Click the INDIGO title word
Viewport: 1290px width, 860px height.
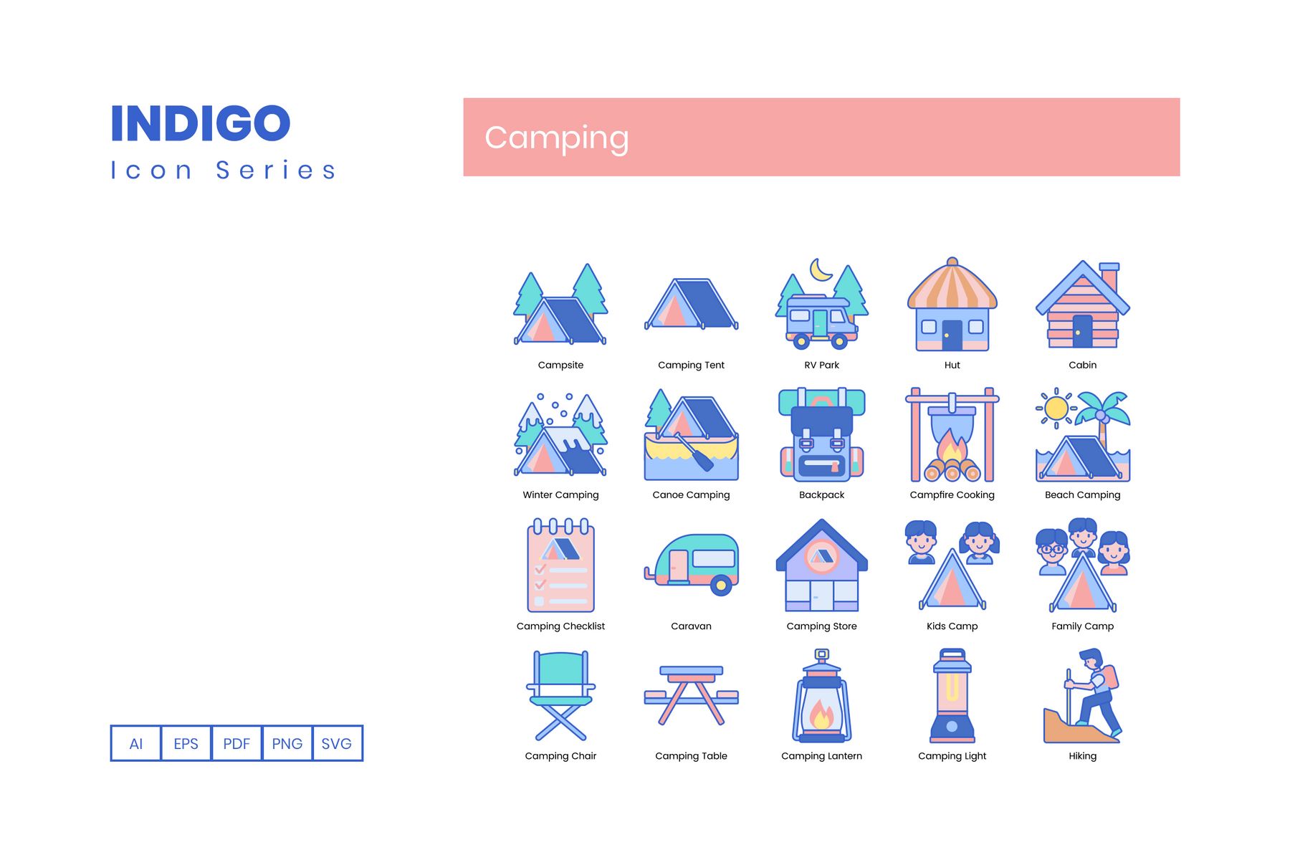click(201, 123)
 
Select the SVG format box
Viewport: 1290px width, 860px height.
click(337, 743)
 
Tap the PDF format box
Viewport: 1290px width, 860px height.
click(236, 743)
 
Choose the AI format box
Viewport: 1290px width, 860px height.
click(136, 743)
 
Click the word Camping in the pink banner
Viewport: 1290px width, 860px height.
click(557, 138)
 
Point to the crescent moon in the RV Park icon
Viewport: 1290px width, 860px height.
click(821, 270)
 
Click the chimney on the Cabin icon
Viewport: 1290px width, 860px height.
click(1109, 277)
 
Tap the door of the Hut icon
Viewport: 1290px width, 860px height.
click(952, 335)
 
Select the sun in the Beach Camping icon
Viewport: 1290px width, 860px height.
click(1056, 408)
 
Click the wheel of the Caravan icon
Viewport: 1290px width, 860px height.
click(722, 586)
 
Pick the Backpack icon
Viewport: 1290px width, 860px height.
click(822, 435)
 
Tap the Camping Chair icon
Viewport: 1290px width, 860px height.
click(561, 695)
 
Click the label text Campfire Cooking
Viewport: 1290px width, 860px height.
click(952, 494)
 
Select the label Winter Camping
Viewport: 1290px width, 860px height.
click(560, 494)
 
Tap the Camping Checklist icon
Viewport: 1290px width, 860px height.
click(561, 565)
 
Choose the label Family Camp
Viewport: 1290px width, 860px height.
click(1083, 626)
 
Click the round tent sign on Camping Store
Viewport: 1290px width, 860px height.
click(822, 556)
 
